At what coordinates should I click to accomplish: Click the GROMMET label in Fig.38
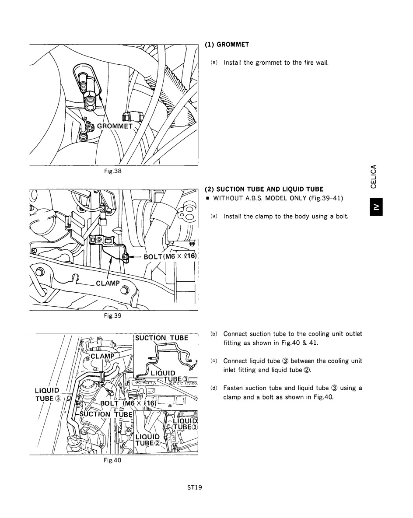click(115, 126)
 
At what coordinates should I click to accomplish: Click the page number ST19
click(194, 488)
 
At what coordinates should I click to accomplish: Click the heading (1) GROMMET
click(227, 45)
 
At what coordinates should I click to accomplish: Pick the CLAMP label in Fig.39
click(108, 283)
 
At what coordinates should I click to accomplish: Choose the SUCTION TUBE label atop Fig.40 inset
click(161, 338)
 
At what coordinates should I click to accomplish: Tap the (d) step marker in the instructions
click(214, 388)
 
